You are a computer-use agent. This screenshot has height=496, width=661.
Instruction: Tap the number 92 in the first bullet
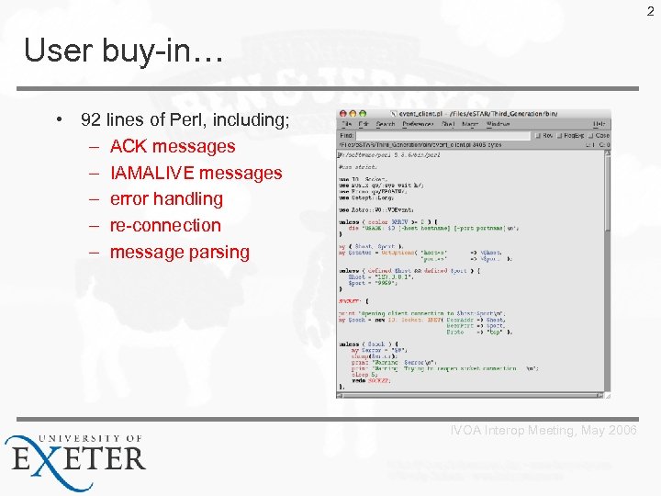pyautogui.click(x=91, y=119)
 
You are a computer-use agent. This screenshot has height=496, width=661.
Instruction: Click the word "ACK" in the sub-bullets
pyautogui.click(x=129, y=146)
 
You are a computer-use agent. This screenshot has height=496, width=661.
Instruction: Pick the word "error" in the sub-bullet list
pyautogui.click(x=131, y=198)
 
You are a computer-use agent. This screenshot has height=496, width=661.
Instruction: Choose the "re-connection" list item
pyautogui.click(x=165, y=225)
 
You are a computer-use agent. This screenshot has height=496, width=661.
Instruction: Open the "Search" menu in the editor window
pyautogui.click(x=386, y=124)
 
